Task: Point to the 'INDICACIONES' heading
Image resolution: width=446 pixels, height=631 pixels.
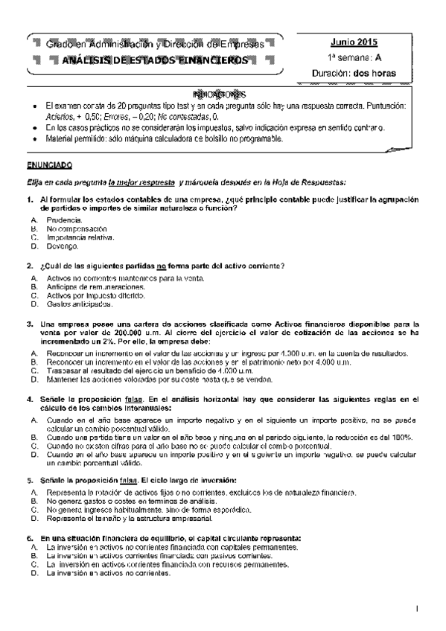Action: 219,95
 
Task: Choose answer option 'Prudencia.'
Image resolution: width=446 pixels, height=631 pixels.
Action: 66,222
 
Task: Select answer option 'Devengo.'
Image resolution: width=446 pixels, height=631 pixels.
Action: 63,246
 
